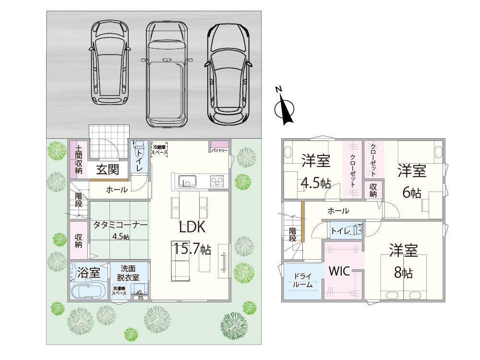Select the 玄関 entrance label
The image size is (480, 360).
tap(107, 169)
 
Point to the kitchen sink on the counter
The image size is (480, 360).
tap(187, 181)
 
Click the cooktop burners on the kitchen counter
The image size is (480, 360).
tap(217, 181)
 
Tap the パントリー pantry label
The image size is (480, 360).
tap(220, 151)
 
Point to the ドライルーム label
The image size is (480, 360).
tap(302, 280)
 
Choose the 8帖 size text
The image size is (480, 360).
tap(403, 273)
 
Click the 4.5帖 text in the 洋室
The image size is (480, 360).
tap(316, 183)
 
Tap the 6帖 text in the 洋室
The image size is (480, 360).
tap(411, 192)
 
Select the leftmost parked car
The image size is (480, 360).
tap(109, 62)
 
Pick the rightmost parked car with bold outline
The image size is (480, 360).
tap(228, 74)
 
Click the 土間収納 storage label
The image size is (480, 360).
tap(79, 160)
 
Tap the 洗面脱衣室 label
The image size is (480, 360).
tap(130, 273)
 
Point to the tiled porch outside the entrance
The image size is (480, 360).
tap(110, 140)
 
